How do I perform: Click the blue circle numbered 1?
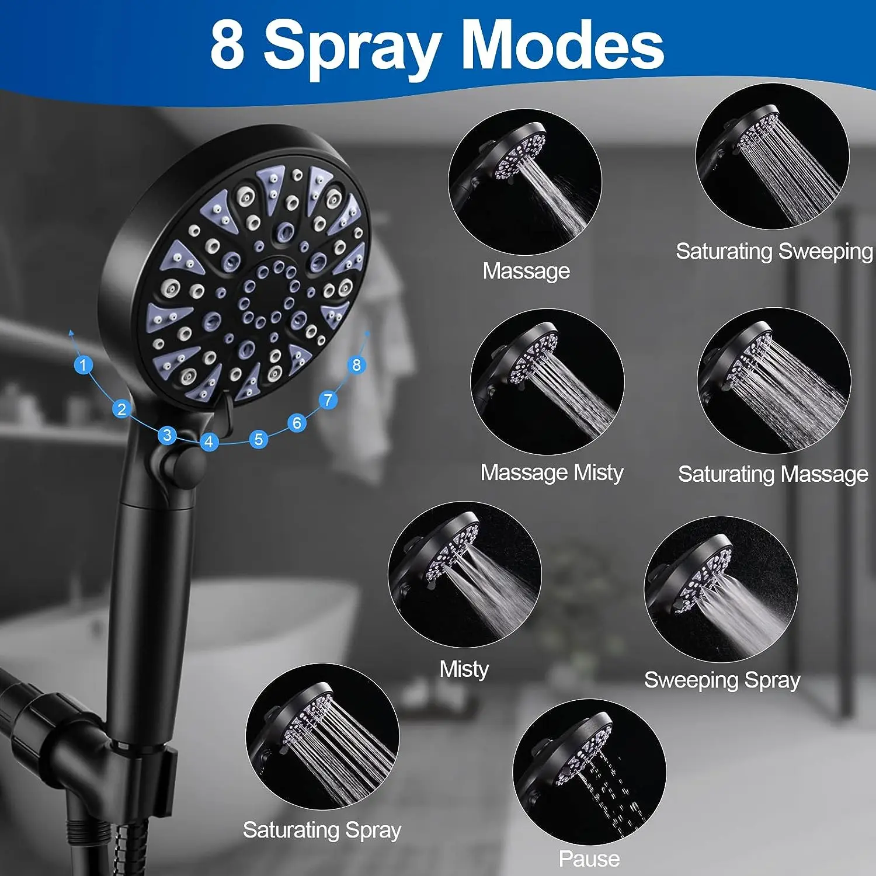pos(83,365)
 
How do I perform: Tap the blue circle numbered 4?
pos(209,442)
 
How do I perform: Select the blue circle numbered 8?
pos(356,365)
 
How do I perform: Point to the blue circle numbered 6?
pos(297,422)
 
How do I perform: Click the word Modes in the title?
pos(562,46)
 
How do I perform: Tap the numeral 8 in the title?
pos(227,46)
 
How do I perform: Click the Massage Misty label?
pos(552,472)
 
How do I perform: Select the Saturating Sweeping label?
pos(774,251)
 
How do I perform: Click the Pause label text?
pos(589,858)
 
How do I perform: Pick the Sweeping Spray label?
pos(722,680)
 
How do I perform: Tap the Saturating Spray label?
pos(322,830)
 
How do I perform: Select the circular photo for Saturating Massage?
pos(774,381)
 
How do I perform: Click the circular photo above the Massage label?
pos(524,182)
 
